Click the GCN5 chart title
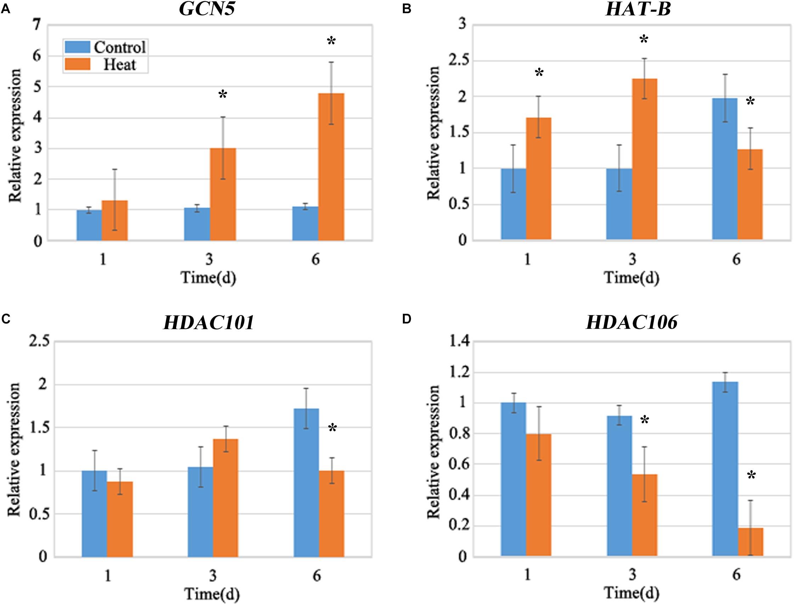tap(207, 9)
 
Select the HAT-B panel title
tap(638, 9)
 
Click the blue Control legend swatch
tap(77, 47)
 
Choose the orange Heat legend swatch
tap(77, 65)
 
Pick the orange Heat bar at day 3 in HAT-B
tap(645, 159)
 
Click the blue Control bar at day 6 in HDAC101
tap(306, 483)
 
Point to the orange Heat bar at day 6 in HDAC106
tap(750, 542)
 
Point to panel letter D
tap(406, 320)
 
